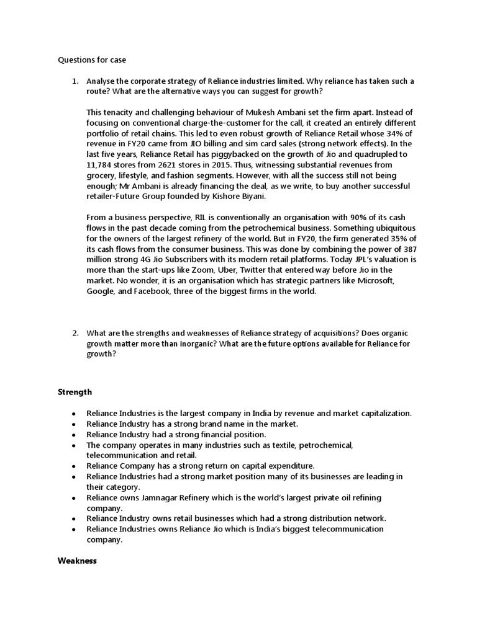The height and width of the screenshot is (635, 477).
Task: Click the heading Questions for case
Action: click(92, 60)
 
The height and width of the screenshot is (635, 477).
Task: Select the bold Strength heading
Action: click(75, 392)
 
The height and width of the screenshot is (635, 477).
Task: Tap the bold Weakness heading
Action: click(78, 561)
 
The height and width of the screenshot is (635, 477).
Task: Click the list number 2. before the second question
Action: click(75, 333)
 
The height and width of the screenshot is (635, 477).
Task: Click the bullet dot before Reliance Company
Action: click(74, 466)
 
